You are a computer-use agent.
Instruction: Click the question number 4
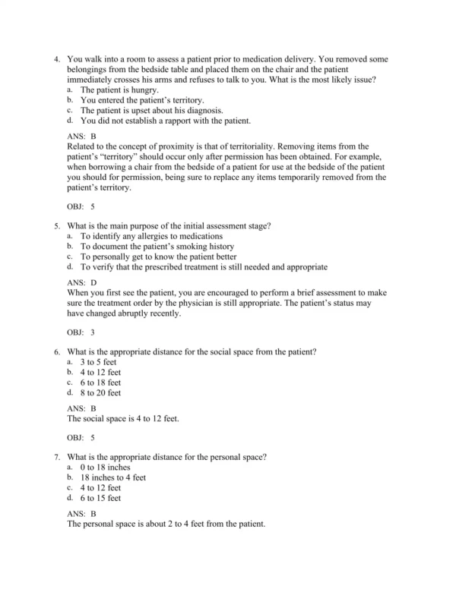coord(55,58)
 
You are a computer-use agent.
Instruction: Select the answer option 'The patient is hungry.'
coord(119,90)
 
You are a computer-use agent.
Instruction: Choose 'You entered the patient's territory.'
coord(142,100)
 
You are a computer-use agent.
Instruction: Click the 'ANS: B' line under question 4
coord(81,136)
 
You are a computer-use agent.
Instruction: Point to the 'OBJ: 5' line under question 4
coord(81,205)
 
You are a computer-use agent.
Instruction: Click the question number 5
coord(55,225)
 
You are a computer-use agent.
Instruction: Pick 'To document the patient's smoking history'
coord(157,247)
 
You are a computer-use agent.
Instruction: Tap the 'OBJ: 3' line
coord(81,332)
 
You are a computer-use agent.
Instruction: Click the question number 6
coord(55,352)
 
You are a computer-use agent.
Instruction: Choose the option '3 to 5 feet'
coord(100,363)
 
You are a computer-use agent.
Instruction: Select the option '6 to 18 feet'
coord(101,383)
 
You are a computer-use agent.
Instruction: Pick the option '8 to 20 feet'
coord(101,393)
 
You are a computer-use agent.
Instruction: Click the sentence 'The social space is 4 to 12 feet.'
coord(123,418)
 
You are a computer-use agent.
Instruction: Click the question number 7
coord(55,458)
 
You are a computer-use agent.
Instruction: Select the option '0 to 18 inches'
coord(106,468)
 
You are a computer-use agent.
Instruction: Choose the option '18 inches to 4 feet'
coord(113,478)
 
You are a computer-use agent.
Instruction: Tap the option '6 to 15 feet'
coord(101,499)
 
